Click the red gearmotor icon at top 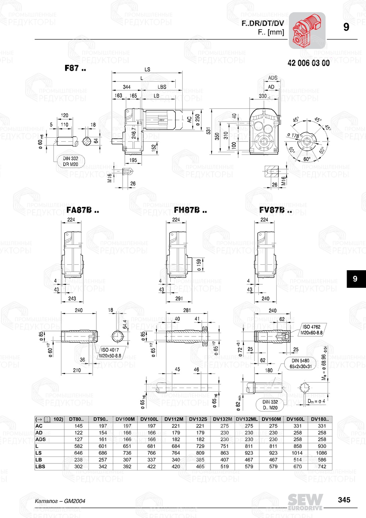(x=307, y=31)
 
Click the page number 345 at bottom (x=344, y=500)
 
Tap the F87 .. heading (x=75, y=68)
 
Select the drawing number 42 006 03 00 (x=309, y=63)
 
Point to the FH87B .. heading (x=190, y=210)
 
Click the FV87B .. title (x=276, y=210)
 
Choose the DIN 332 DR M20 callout (x=71, y=161)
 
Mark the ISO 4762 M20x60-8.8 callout (x=311, y=329)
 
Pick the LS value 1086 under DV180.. (x=322, y=453)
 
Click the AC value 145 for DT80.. (x=78, y=426)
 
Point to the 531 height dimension (x=208, y=131)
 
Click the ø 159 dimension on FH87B (x=199, y=265)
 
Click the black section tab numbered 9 (x=355, y=279)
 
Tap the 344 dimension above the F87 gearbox (x=127, y=87)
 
